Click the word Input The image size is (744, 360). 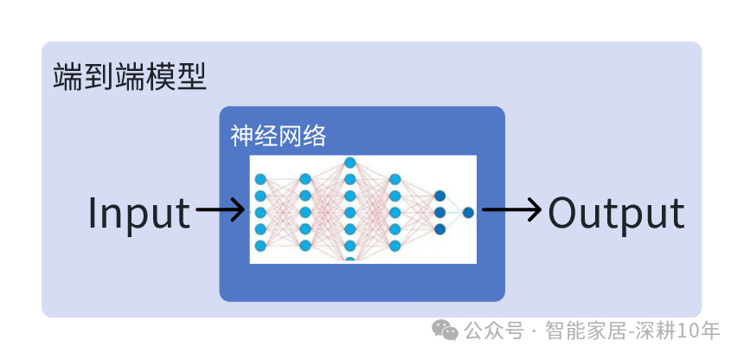[139, 214]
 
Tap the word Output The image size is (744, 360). [616, 214]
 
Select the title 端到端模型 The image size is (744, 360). [130, 76]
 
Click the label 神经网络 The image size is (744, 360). [278, 137]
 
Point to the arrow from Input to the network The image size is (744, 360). [220, 209]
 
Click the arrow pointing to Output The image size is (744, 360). [511, 209]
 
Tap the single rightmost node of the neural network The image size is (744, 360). [468, 212]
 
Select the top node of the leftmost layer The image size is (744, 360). [260, 179]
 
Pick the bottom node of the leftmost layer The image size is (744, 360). [260, 246]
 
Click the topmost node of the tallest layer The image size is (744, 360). [350, 163]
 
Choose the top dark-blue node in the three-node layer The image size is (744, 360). [439, 196]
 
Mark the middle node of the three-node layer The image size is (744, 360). [439, 212]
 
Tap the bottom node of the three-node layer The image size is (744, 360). [439, 229]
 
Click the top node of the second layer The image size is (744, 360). [305, 179]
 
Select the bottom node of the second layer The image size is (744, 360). [305, 246]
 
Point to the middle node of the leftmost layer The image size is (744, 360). [260, 212]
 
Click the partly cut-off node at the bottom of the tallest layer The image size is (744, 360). [350, 260]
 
